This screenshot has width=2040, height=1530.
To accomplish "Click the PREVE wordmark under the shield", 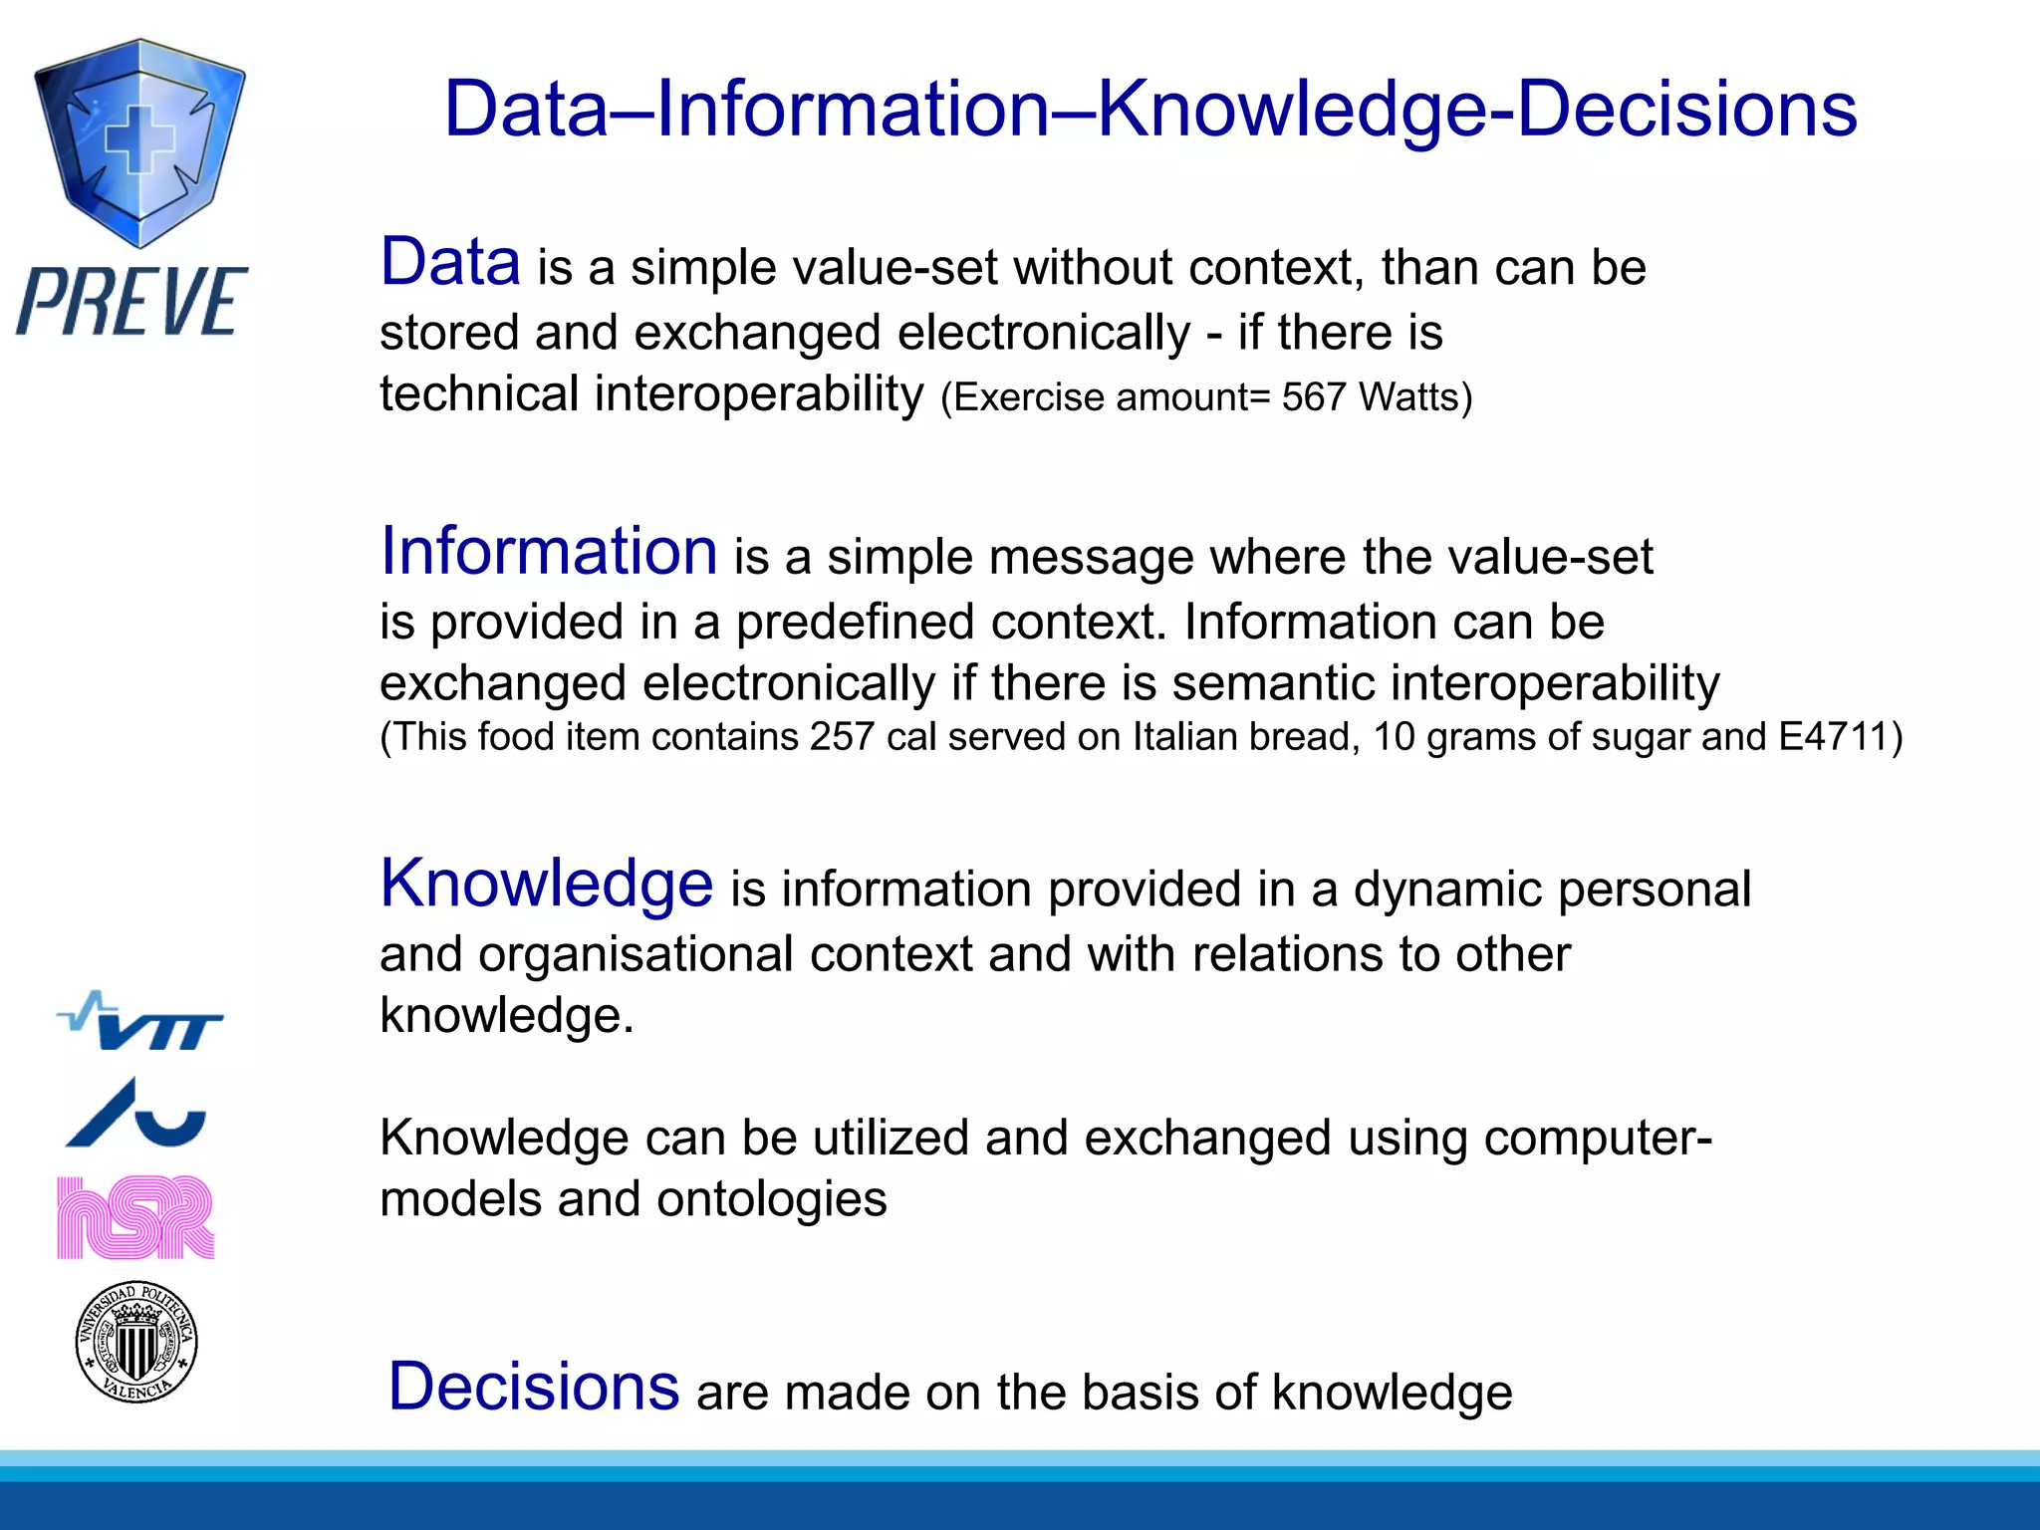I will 131,302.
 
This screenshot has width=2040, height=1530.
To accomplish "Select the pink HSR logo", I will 135,1217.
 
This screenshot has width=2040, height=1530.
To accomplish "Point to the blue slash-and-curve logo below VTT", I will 136,1114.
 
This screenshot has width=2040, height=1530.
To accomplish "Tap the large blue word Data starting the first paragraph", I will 450,263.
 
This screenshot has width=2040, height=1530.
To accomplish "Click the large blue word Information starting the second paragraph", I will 549,552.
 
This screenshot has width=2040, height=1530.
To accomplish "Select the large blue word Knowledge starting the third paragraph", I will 547,884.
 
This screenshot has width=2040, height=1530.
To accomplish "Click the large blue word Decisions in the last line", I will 534,1387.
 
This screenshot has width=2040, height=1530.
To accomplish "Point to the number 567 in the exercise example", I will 1314,398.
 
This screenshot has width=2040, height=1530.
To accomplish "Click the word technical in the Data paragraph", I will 479,394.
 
